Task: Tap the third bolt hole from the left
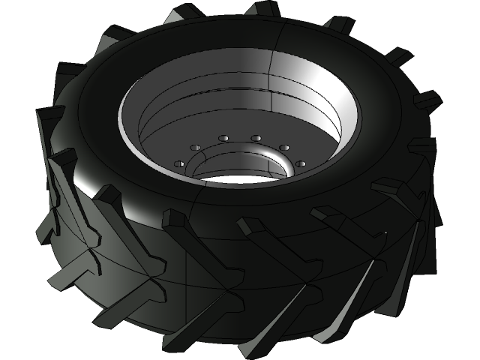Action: [x=223, y=139]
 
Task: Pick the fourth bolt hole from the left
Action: [x=256, y=139]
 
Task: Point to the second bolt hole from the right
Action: [x=284, y=147]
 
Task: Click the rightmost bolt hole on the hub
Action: [x=301, y=162]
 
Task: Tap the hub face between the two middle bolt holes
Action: [x=240, y=140]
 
